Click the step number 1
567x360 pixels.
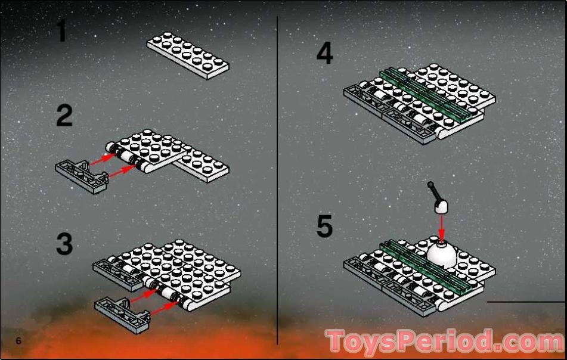point(62,31)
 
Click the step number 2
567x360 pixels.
point(64,116)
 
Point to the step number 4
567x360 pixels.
point(324,53)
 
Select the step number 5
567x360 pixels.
point(324,226)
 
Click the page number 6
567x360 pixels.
point(18,340)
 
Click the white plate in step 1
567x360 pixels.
point(188,55)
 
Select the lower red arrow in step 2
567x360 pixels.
point(122,171)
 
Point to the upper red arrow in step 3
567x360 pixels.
point(144,296)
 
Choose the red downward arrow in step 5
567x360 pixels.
point(441,227)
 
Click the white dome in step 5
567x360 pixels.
point(442,255)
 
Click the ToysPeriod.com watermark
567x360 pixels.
point(445,340)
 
